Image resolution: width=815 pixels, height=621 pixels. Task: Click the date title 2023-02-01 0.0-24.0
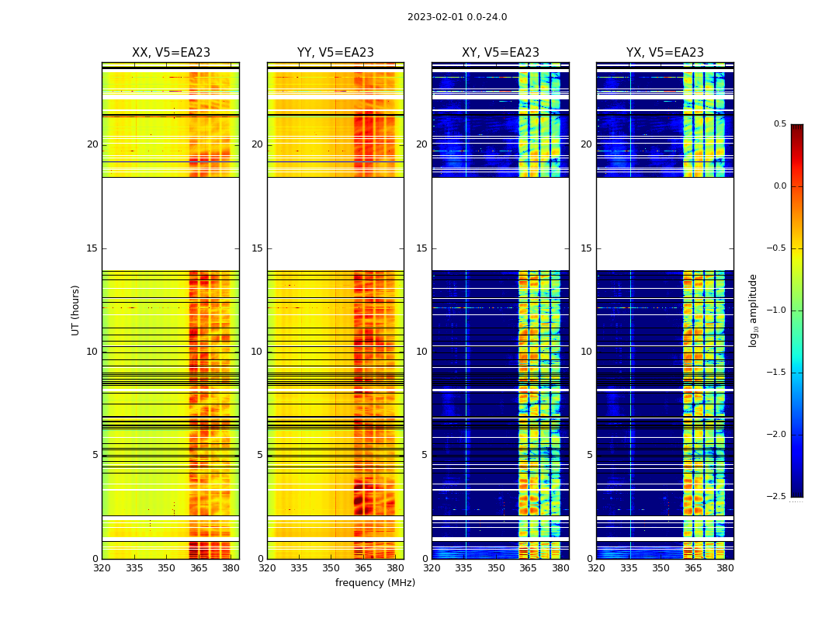(x=457, y=17)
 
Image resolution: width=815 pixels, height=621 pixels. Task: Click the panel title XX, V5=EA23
(x=171, y=53)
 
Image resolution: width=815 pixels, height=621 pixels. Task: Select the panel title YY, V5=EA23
(x=335, y=53)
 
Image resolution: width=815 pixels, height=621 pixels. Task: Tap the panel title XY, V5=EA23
(x=501, y=53)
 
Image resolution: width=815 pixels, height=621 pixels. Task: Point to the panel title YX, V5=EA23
(x=665, y=53)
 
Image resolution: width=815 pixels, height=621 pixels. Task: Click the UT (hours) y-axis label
(x=76, y=310)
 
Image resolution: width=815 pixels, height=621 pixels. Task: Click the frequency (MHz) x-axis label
(x=375, y=583)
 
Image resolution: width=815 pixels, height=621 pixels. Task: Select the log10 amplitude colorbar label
(x=753, y=310)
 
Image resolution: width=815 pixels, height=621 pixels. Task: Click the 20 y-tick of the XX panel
(x=92, y=144)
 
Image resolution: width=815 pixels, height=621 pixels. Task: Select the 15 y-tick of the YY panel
(x=257, y=248)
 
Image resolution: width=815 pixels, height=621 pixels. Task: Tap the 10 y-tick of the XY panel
(x=421, y=352)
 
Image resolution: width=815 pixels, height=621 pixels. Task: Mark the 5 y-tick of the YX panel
(x=589, y=455)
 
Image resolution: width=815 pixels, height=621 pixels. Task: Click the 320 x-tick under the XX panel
(x=102, y=568)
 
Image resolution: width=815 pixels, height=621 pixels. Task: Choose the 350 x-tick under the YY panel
(x=331, y=568)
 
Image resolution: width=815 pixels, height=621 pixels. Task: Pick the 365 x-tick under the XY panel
(x=528, y=568)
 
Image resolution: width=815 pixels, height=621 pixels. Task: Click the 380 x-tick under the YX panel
(x=725, y=568)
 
